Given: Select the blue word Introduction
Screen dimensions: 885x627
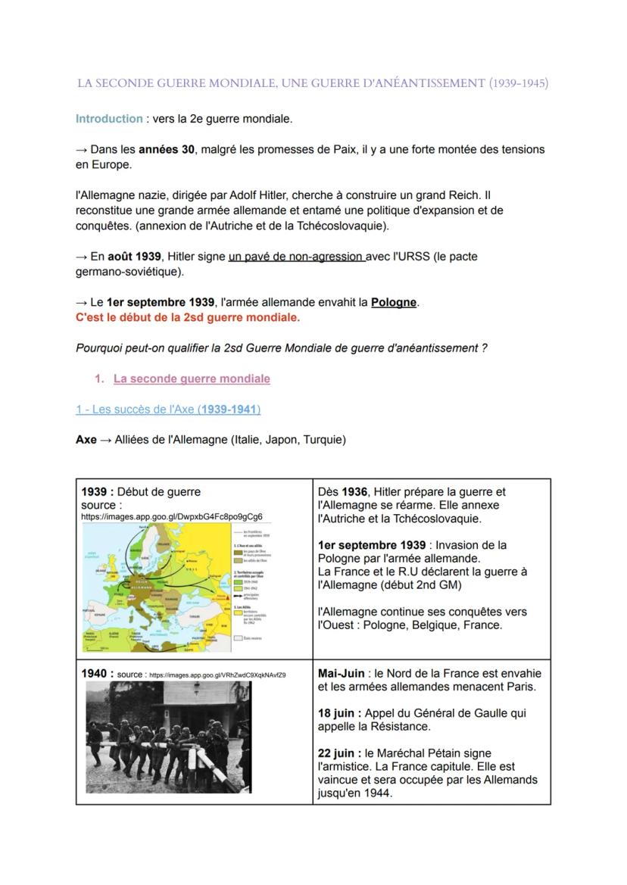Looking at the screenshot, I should click(109, 119).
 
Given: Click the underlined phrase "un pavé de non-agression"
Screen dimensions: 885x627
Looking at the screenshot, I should click(296, 257).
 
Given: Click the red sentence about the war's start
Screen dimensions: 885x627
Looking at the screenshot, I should click(187, 317).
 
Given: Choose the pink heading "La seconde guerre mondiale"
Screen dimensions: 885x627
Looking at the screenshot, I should click(192, 379).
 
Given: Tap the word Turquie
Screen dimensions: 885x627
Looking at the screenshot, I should click(323, 440).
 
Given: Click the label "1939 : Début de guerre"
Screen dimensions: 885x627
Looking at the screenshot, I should click(141, 492).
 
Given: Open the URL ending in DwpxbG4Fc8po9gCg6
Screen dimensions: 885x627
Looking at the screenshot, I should click(172, 516).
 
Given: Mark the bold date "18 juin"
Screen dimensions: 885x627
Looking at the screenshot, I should click(338, 713).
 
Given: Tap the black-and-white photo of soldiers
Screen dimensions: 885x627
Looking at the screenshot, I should click(167, 737).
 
